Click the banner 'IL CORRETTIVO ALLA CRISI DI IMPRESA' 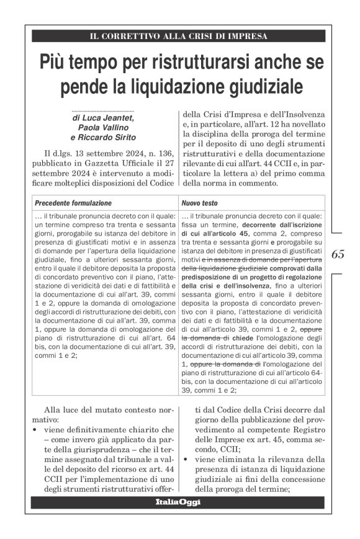179,36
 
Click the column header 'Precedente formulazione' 73,203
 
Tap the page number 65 338,254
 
